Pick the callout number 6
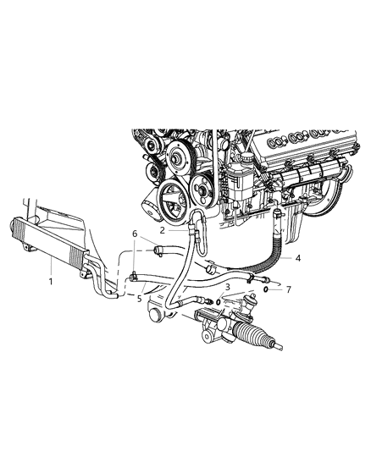(134, 233)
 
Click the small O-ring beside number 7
(267, 289)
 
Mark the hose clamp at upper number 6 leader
(159, 249)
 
